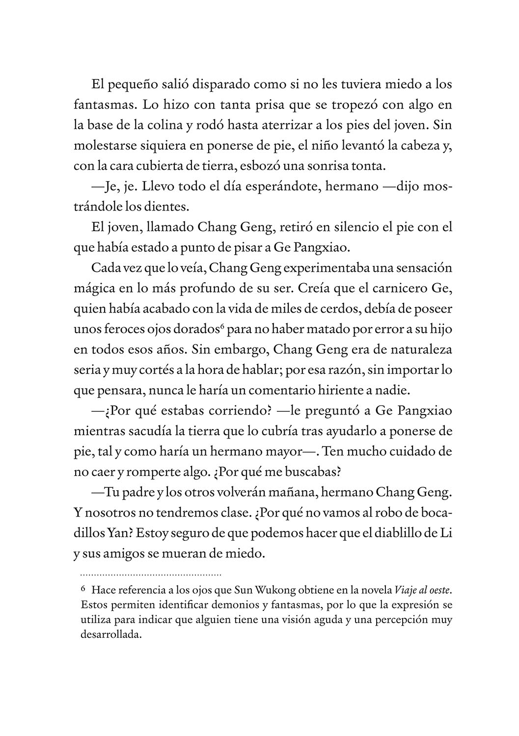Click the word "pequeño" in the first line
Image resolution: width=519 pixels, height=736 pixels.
tap(131, 85)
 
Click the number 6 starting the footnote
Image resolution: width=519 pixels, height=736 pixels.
tap(82, 589)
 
